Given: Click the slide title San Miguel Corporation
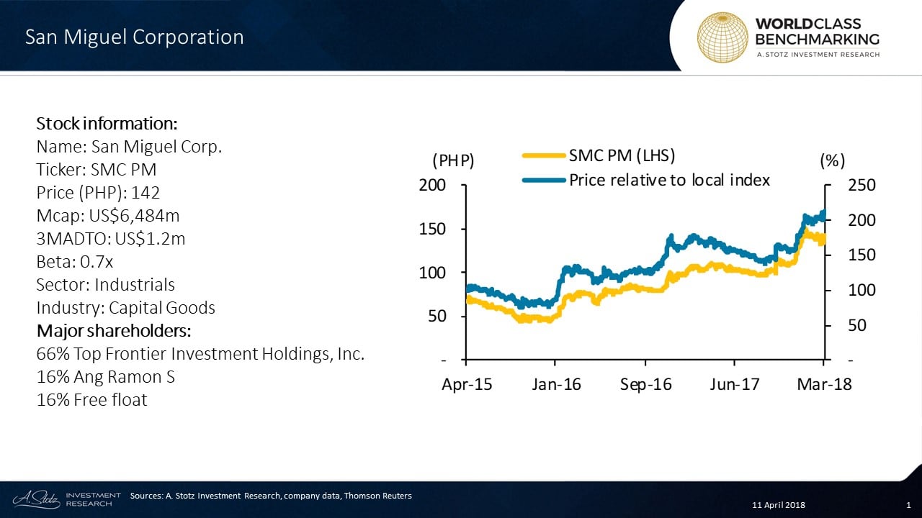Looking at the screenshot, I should click(135, 37).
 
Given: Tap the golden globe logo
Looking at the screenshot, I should click(722, 37).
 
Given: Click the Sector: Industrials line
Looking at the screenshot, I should click(105, 285).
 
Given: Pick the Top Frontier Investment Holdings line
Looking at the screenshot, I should click(200, 354).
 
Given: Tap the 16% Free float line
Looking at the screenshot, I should click(91, 400).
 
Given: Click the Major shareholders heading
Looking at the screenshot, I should click(114, 331).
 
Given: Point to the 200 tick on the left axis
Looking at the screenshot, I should click(433, 186).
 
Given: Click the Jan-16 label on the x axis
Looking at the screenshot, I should click(556, 385).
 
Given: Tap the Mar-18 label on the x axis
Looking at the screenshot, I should click(823, 385).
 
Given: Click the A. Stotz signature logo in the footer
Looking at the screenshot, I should click(35, 498).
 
